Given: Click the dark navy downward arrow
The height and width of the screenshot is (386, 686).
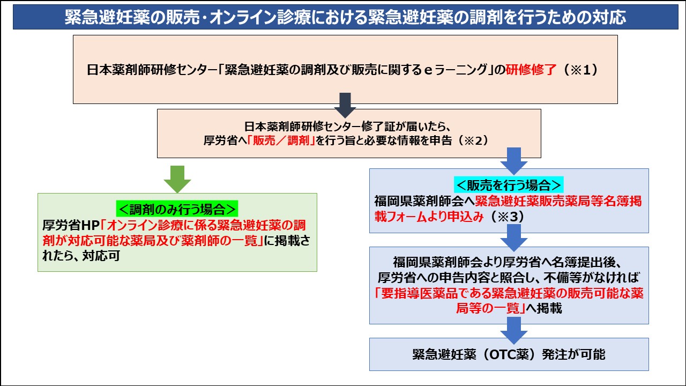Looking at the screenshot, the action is [x=345, y=106].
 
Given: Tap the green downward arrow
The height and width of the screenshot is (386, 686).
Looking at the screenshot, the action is [x=177, y=179].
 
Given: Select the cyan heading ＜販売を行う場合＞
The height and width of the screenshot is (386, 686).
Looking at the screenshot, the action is [x=509, y=185].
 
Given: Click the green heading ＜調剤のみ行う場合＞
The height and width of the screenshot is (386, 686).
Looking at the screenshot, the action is [x=177, y=209].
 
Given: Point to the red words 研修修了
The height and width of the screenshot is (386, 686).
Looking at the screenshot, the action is [x=531, y=70].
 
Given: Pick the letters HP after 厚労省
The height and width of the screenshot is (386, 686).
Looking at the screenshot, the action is [x=90, y=226].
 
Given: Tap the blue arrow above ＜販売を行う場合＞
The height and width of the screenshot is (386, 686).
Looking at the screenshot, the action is [x=513, y=161].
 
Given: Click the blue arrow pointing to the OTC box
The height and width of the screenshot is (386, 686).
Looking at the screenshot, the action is [x=513, y=331].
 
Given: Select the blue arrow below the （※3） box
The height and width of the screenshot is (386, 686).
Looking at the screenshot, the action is [x=513, y=238].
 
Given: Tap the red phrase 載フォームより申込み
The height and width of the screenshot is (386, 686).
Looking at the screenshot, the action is [x=429, y=217].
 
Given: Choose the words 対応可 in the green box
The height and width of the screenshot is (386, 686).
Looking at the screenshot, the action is [x=101, y=256].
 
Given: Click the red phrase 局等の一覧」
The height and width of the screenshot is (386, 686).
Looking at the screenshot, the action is [x=490, y=308].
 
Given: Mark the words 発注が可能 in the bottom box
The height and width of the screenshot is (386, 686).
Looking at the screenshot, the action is [x=573, y=354].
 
